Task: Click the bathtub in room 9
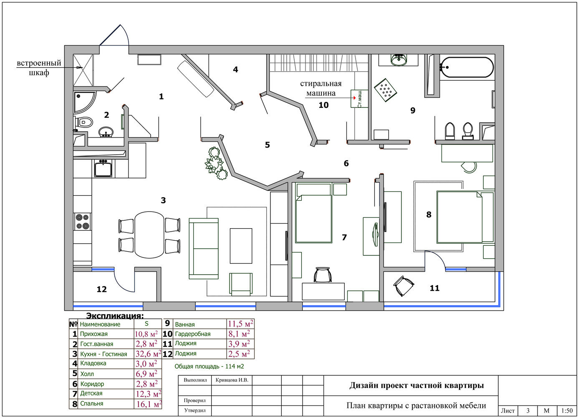pos(467,67)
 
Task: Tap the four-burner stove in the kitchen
pos(83,222)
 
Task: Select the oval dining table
pos(149,235)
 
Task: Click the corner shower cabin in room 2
pos(84,102)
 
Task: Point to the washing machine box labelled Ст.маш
pos(359,99)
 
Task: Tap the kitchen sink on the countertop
pos(103,168)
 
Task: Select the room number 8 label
pos(429,214)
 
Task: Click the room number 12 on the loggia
pos(102,289)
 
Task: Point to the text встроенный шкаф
pos(39,68)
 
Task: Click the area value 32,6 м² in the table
pos(148,353)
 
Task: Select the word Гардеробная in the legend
pos(192,334)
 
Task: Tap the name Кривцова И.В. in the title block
pos(232,380)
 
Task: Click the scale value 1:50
pos(567,411)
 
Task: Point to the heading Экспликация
pos(115,316)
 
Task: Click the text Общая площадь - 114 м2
pos(209,366)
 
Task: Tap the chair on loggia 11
pos(404,285)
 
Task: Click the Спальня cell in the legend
pos(91,403)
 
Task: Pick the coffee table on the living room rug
pos(241,246)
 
